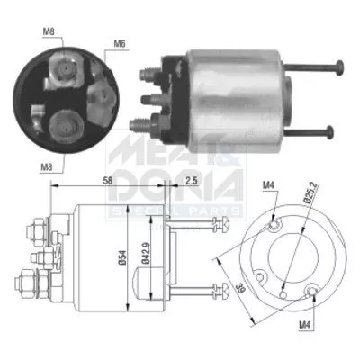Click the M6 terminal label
tap(119, 43)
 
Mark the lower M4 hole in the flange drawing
tap(312, 290)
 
